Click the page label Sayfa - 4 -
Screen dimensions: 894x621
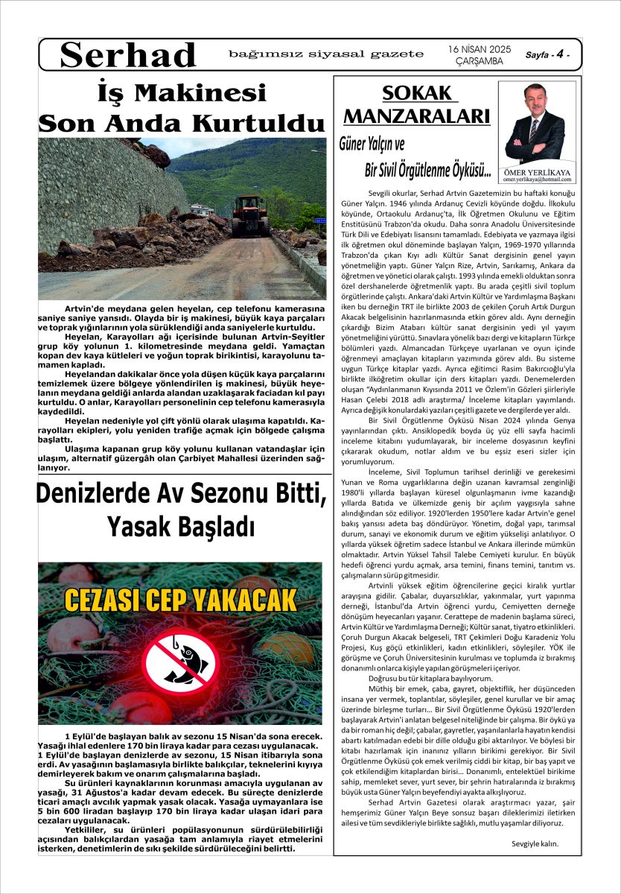[552, 55]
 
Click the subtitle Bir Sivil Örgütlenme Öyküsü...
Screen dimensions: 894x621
[427, 171]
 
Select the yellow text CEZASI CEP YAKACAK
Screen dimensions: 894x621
[181, 598]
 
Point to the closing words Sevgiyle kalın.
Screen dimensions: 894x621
[535, 844]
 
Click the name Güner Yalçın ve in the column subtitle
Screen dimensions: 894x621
[372, 144]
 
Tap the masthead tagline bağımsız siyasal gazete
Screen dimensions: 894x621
[326, 54]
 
